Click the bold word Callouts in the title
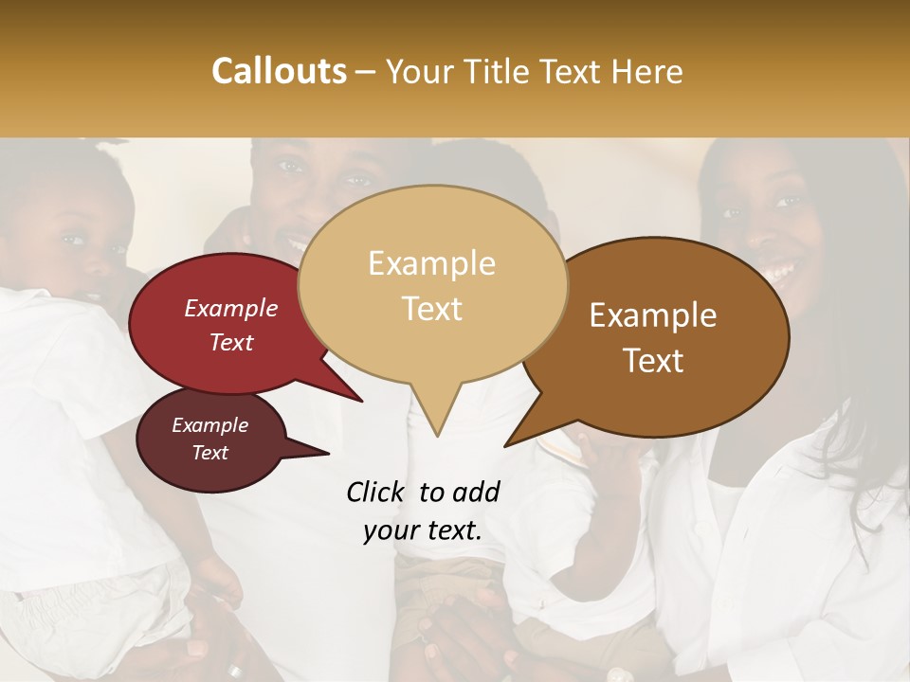point(279,71)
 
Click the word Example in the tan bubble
point(431,263)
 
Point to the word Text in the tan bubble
point(432,308)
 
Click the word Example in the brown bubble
point(653,315)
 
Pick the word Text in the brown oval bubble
point(654,360)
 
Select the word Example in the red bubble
point(231,308)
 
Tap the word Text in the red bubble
point(231,342)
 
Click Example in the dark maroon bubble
point(210,425)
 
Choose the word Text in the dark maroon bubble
point(210,452)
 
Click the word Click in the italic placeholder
point(376,492)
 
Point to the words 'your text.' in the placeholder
point(423,531)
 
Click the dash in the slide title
point(367,72)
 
